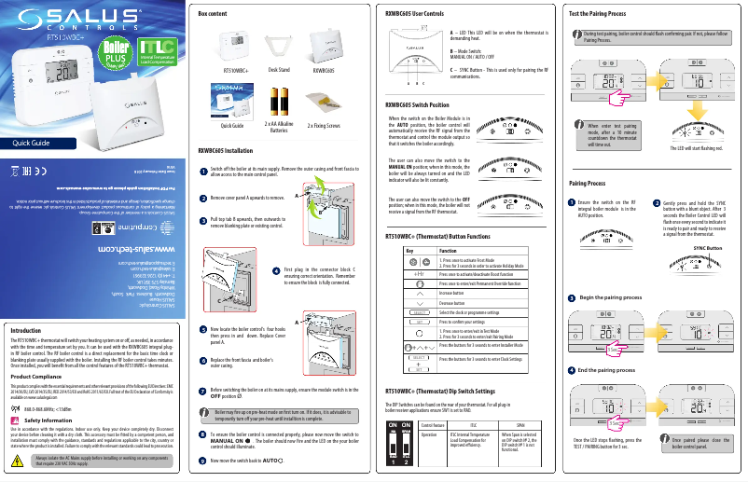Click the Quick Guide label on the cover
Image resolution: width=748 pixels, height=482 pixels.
pyautogui.click(x=32, y=144)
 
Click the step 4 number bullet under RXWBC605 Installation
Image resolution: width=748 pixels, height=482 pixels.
pyautogui.click(x=275, y=271)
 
